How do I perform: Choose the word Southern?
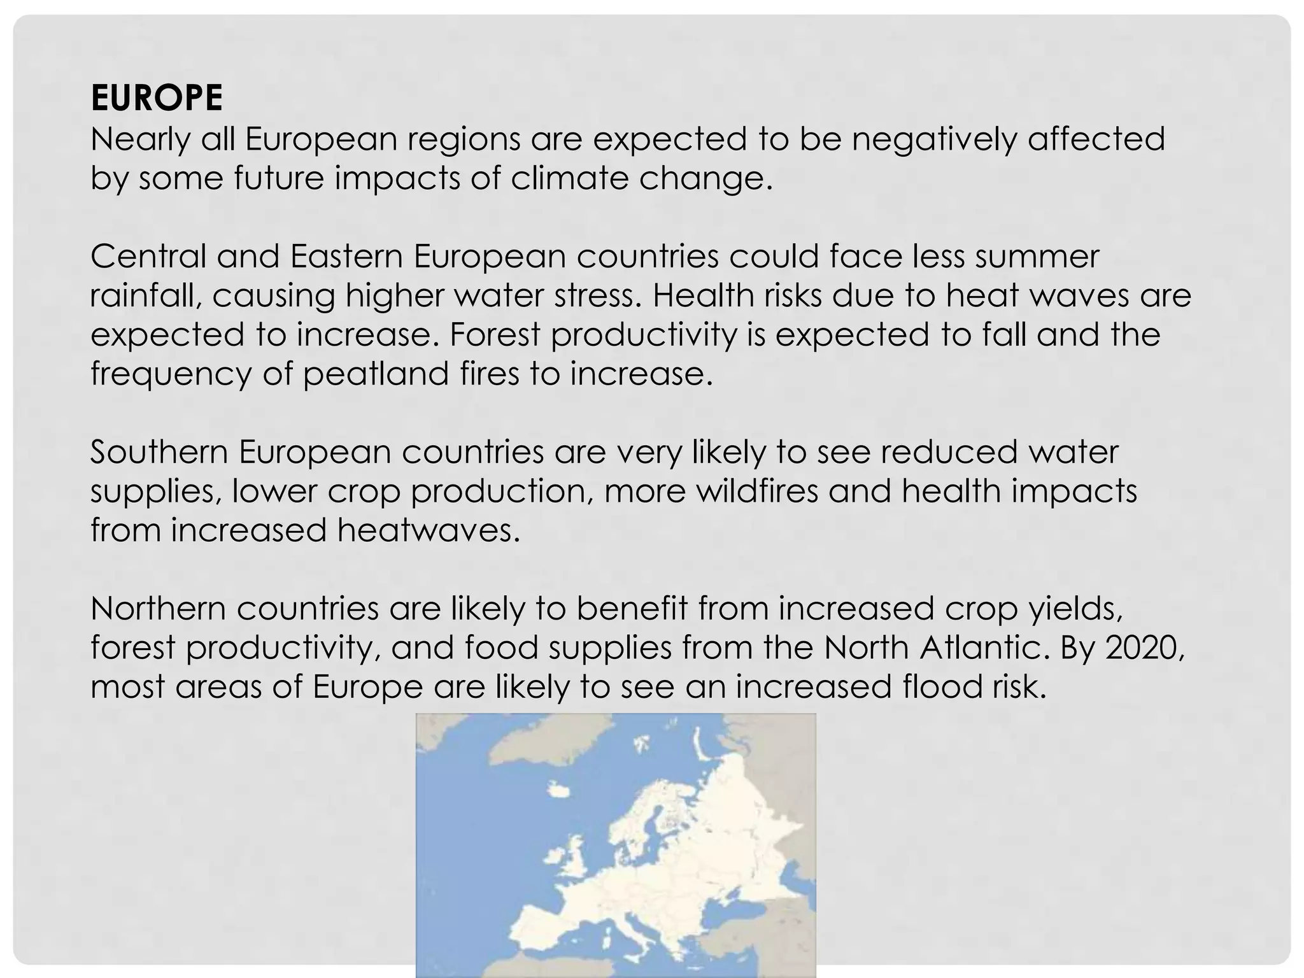tap(159, 452)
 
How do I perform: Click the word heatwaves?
tap(429, 530)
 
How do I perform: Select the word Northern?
tap(159, 609)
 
